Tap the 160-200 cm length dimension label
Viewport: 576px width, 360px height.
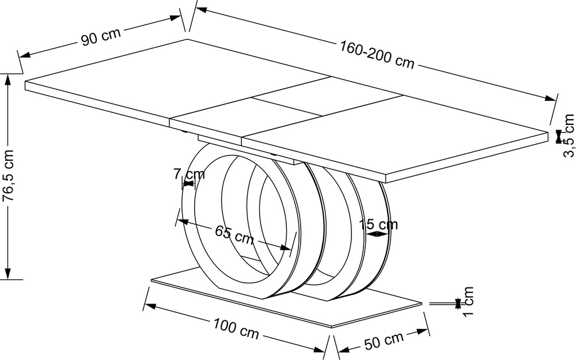(377, 55)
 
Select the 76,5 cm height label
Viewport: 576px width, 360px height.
(8, 175)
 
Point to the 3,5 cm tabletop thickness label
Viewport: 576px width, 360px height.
(569, 135)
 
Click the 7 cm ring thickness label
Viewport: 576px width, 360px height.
(189, 174)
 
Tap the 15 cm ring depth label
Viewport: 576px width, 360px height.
(378, 224)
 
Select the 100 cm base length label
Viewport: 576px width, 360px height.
(236, 328)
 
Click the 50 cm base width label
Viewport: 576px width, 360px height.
(384, 340)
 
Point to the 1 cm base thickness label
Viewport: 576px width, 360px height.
(468, 301)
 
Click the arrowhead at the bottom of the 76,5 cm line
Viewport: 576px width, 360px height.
(8, 273)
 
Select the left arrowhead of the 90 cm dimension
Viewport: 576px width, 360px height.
(25, 55)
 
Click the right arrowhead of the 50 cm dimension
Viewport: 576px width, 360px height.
(423, 331)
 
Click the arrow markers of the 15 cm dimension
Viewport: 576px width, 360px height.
(377, 234)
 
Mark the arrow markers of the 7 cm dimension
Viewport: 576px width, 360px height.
(188, 184)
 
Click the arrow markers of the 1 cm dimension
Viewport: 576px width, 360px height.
(458, 304)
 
